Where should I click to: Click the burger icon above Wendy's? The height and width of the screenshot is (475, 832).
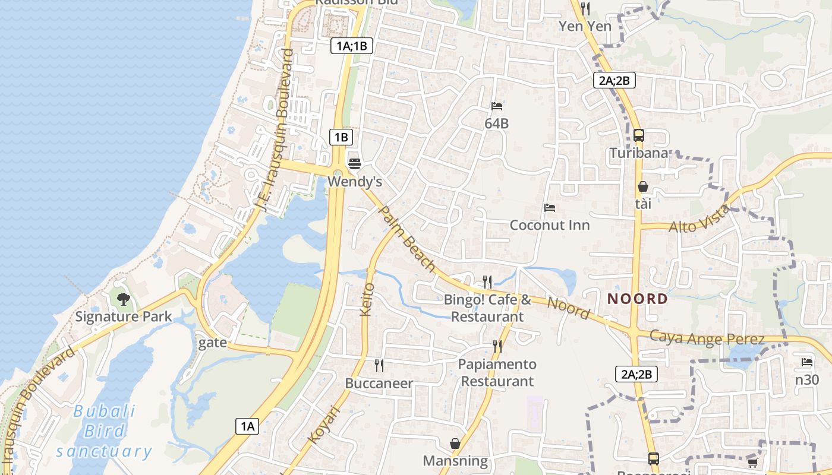click(x=355, y=163)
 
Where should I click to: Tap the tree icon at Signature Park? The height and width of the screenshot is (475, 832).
click(x=124, y=299)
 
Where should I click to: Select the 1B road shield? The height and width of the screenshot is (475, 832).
click(x=341, y=137)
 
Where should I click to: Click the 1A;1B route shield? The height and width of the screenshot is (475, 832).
click(x=352, y=46)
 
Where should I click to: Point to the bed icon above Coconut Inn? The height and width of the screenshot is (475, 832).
click(x=550, y=208)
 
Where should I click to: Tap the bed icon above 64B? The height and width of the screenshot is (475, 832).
click(x=497, y=106)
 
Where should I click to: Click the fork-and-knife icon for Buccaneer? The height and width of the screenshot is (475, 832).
click(x=379, y=365)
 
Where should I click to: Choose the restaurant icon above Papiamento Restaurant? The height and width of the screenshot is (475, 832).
click(x=497, y=346)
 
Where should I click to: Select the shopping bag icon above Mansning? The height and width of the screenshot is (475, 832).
click(x=455, y=444)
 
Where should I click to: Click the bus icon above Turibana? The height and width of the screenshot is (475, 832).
click(x=639, y=135)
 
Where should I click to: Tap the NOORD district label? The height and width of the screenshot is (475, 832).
click(x=638, y=299)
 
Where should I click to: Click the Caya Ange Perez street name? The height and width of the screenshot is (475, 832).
click(x=707, y=338)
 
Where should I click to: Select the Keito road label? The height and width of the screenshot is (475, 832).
click(x=368, y=299)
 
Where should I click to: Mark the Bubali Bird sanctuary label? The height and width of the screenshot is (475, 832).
click(x=104, y=431)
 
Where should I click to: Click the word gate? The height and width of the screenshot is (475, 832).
click(x=213, y=343)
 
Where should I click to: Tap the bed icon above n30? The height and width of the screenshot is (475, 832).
click(x=806, y=362)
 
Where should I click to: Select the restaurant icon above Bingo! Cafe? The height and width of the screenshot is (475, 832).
click(x=487, y=281)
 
